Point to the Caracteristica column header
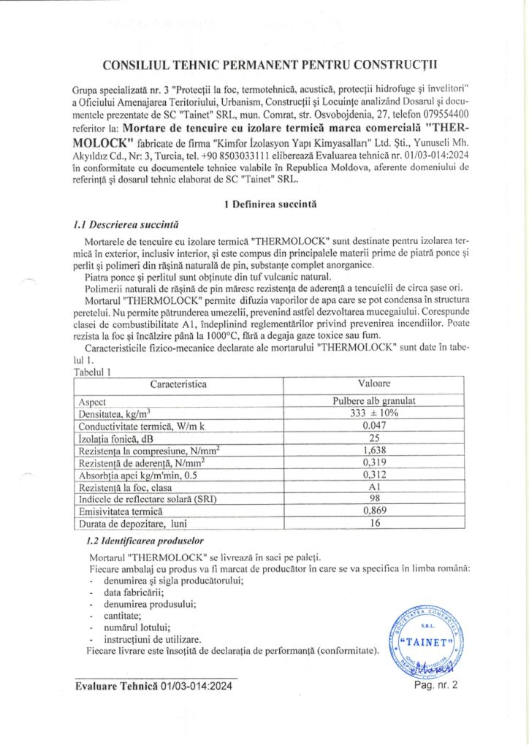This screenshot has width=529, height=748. click(x=178, y=383)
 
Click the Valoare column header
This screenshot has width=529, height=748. click(x=373, y=383)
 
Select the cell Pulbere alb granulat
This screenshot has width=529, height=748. click(x=373, y=402)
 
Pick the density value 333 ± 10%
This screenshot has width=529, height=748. click(x=373, y=413)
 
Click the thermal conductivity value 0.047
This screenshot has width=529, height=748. click(x=373, y=426)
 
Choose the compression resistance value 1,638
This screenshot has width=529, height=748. click(x=373, y=451)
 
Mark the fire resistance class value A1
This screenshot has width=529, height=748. click(x=373, y=487)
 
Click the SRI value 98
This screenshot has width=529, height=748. click(x=373, y=499)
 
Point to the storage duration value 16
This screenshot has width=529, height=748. click(x=373, y=523)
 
